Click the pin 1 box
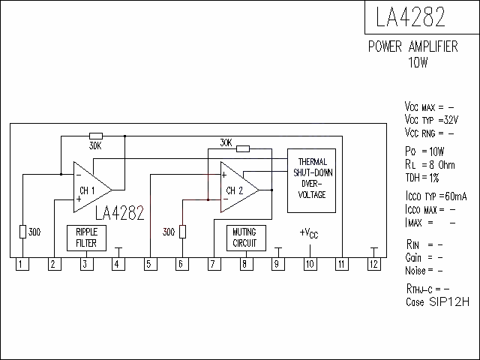pos(22,264)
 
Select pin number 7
pos(214,264)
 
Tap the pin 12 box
pos(374,264)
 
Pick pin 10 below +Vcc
pos(310,264)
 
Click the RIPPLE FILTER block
pos(87,238)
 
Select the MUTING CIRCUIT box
pos(246,238)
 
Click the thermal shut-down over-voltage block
pos(312,181)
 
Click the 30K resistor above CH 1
pos(96,136)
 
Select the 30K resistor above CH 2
pos(243,149)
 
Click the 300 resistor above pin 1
pos(23,232)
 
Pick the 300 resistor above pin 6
pos(182,232)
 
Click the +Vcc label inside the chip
pos(309,233)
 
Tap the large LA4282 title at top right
pos(410,16)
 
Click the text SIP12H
pos(449,301)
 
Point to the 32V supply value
pos(451,120)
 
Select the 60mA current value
pos(456,196)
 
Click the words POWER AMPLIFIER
pos(413,46)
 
